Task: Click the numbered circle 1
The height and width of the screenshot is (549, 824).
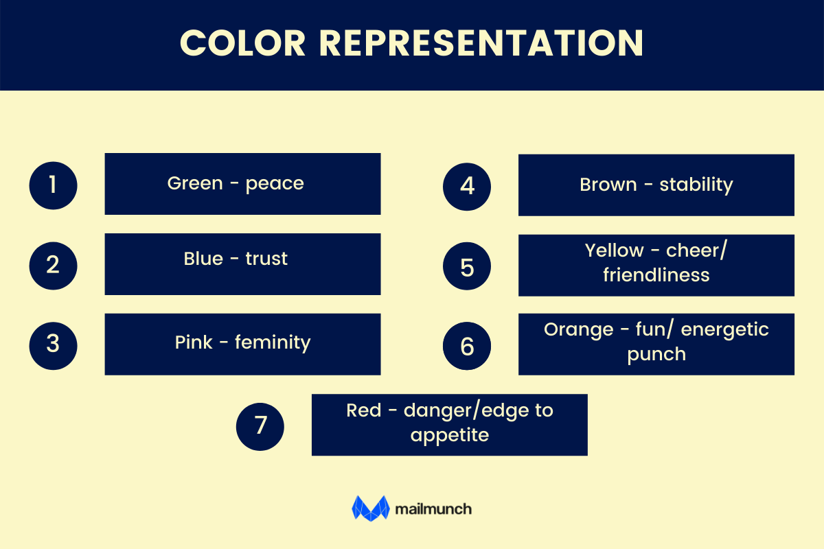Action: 53,185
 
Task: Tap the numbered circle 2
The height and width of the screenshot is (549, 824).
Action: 53,265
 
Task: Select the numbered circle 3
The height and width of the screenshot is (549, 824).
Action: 53,344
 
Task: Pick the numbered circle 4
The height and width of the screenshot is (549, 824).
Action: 467,186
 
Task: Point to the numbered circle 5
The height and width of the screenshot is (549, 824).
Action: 467,266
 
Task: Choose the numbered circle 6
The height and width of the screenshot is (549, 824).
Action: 467,346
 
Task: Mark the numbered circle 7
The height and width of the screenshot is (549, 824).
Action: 260,425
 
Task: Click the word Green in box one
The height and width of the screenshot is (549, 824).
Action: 195,184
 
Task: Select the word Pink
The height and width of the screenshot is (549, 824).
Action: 194,342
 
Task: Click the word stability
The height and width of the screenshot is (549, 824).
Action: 696,185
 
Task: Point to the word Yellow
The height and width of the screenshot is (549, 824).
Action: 615,250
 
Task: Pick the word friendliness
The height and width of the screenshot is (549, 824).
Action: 656,274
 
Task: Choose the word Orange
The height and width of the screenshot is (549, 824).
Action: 578,329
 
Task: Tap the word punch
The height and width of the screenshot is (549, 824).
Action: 656,354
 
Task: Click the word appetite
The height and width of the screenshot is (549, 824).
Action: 449,434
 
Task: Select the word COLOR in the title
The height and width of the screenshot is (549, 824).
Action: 243,44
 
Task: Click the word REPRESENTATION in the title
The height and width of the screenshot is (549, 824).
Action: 481,44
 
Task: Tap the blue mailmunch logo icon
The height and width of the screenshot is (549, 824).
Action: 371,509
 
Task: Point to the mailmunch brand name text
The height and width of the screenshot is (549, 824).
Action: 433,509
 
